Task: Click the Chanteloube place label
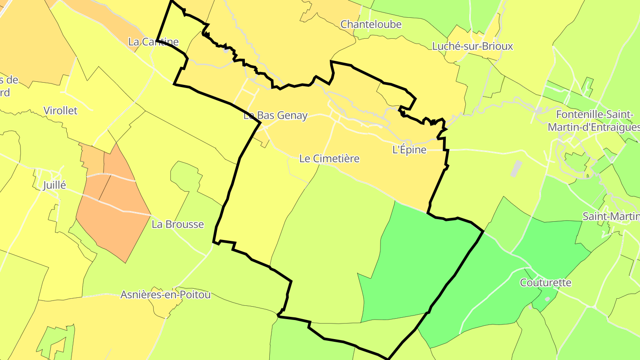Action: [371, 24]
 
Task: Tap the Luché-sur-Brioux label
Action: [472, 46]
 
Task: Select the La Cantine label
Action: [153, 42]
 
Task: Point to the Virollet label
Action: [60, 111]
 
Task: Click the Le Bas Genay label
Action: [276, 116]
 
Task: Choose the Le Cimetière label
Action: [329, 159]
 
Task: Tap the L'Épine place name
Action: [409, 150]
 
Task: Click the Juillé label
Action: [55, 185]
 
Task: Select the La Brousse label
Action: [178, 224]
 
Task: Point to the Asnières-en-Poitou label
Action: [165, 295]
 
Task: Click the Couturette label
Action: [546, 283]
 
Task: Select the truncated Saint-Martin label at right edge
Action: [611, 216]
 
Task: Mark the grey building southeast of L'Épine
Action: [516, 168]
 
